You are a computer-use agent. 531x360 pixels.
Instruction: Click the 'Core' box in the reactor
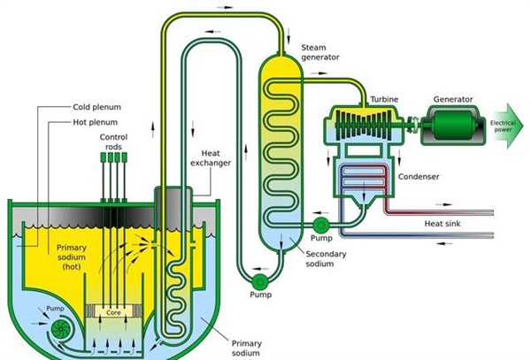click(x=113, y=312)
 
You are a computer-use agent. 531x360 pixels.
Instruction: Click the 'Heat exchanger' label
click(x=215, y=157)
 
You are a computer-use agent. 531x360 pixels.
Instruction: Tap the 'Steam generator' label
click(x=319, y=52)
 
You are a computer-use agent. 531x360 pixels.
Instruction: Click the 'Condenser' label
click(x=417, y=177)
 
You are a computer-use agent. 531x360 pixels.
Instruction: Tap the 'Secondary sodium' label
click(x=326, y=259)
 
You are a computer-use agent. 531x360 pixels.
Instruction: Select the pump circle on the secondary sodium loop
click(x=259, y=280)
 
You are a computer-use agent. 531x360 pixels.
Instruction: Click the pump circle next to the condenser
click(x=319, y=225)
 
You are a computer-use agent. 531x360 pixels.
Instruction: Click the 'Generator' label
click(x=453, y=99)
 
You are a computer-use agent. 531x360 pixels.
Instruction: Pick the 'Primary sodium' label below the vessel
click(x=247, y=348)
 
